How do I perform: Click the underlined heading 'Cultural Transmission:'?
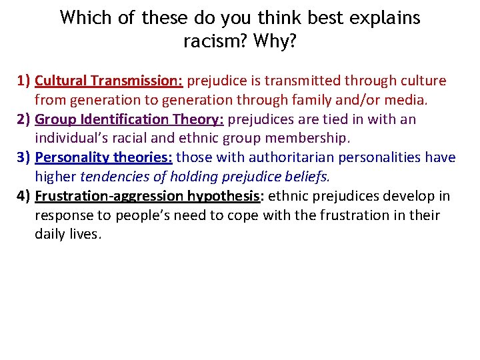click(109, 81)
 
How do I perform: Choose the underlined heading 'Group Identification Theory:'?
click(129, 119)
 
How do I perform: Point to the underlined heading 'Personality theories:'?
click(103, 158)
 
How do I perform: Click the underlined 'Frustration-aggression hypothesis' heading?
click(146, 196)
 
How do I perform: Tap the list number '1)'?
click(24, 81)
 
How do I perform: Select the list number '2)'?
click(24, 119)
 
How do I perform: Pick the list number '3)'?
click(24, 158)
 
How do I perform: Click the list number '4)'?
click(24, 196)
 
